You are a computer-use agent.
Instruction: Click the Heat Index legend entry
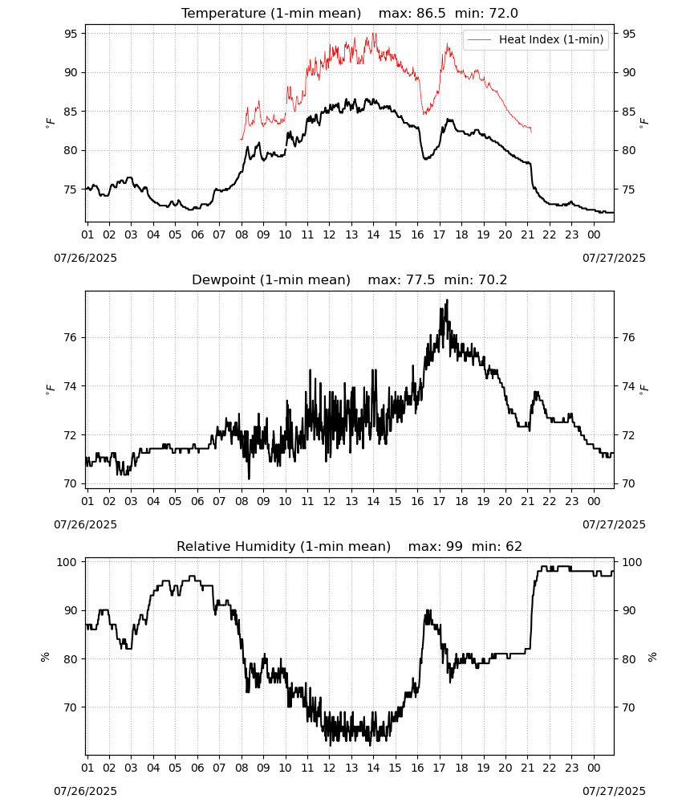[536, 39]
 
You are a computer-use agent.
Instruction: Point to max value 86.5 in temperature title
[432, 13]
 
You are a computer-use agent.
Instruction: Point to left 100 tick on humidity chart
[67, 562]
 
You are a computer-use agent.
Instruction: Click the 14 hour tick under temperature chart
[373, 234]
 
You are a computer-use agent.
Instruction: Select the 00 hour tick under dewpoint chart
[594, 501]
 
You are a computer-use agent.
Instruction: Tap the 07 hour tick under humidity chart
[219, 768]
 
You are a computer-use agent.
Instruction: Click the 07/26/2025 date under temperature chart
[85, 258]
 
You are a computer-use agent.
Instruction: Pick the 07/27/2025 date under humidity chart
[614, 791]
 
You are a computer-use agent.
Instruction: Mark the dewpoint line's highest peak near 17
[447, 300]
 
